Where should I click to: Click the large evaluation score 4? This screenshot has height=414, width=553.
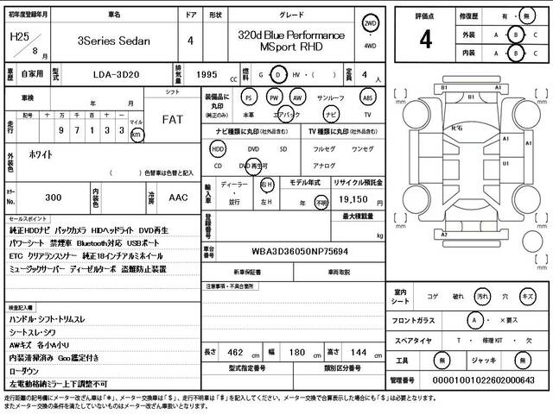(425, 40)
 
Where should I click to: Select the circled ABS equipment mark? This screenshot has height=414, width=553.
(368, 97)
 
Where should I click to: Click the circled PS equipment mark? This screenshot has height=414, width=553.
(249, 97)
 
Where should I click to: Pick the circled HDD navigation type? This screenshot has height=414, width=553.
(218, 148)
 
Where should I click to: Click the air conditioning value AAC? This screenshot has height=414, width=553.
(178, 198)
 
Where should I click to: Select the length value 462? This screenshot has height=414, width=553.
(233, 353)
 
